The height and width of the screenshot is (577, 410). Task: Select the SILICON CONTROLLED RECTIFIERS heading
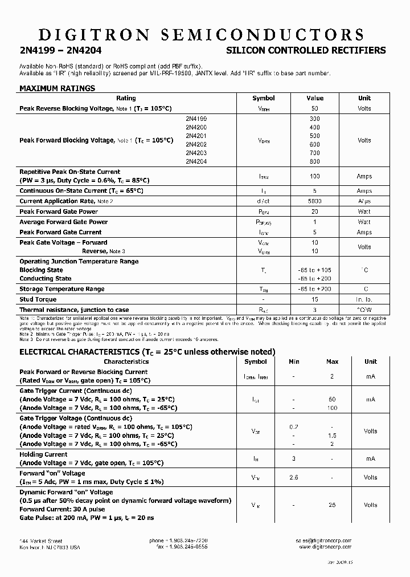pyautogui.click(x=306, y=51)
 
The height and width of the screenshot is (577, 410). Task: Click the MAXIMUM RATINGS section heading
pyautogui.click(x=57, y=88)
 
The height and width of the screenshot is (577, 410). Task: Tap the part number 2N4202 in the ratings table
pyautogui.click(x=196, y=144)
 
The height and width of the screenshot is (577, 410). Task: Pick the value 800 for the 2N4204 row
pyautogui.click(x=314, y=161)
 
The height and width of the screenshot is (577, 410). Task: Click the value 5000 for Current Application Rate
pyautogui.click(x=314, y=201)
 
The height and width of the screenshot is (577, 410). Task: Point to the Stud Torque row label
pyautogui.click(x=38, y=299)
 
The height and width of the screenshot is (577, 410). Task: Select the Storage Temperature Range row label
pyautogui.click(x=62, y=289)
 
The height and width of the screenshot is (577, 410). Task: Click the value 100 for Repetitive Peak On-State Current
pyautogui.click(x=314, y=176)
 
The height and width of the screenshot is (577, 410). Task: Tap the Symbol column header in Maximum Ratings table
pyautogui.click(x=263, y=98)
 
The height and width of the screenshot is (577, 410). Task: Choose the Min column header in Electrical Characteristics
pyautogui.click(x=294, y=361)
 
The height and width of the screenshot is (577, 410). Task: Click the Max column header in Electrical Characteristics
pyautogui.click(x=332, y=361)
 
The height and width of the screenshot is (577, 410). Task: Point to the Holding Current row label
pyautogui.click(x=43, y=454)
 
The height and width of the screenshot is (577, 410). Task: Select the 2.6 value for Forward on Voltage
pyautogui.click(x=294, y=477)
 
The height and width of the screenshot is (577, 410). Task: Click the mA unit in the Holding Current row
pyautogui.click(x=371, y=458)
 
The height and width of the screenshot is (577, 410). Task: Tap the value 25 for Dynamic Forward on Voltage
pyautogui.click(x=332, y=505)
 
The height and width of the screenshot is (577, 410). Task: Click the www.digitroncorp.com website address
pyautogui.click(x=325, y=547)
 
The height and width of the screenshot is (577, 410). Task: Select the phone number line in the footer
pyautogui.click(x=178, y=541)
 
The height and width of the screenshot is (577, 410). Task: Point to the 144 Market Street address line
pyautogui.click(x=41, y=541)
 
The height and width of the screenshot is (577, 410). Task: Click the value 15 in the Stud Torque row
pyautogui.click(x=314, y=299)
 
